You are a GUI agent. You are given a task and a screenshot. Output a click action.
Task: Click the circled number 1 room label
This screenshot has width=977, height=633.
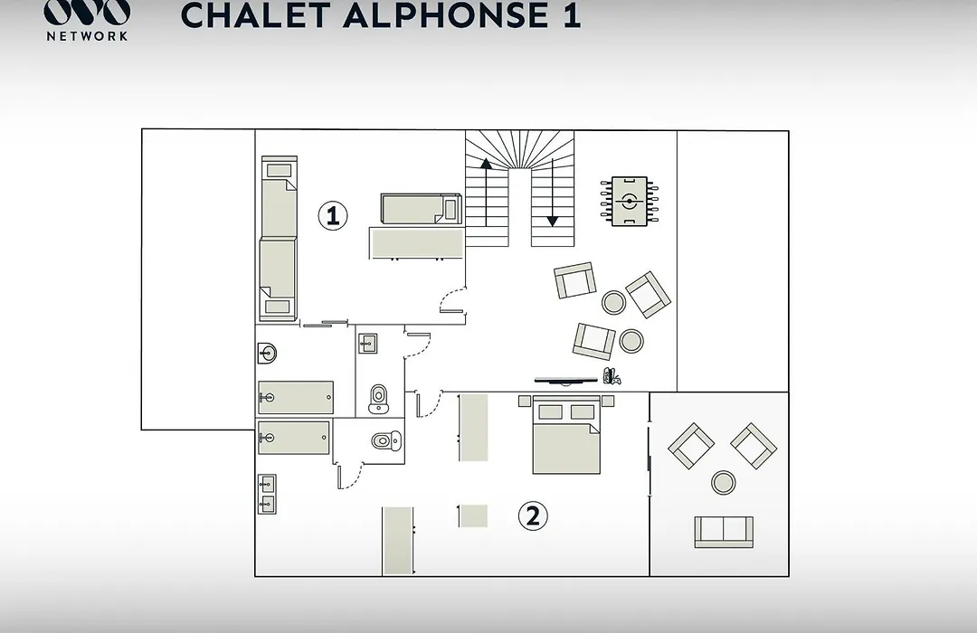[x=333, y=215]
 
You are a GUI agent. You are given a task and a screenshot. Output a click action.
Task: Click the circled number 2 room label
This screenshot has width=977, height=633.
[x=533, y=515]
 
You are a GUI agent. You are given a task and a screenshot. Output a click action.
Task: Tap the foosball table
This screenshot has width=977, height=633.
[x=630, y=202]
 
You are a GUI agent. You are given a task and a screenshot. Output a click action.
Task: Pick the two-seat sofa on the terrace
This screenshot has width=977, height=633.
[x=724, y=532]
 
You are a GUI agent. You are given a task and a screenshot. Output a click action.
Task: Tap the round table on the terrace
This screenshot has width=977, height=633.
[x=723, y=482]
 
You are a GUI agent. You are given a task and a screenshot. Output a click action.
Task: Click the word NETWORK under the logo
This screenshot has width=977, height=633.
[x=87, y=36]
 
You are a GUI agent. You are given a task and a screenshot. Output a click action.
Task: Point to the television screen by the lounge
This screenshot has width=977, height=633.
[x=565, y=380]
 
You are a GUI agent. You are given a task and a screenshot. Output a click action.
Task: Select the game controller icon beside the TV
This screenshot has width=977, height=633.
[x=612, y=376]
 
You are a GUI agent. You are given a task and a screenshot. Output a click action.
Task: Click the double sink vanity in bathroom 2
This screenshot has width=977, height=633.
[x=267, y=494]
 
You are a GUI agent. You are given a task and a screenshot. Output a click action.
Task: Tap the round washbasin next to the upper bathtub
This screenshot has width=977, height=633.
[x=267, y=354]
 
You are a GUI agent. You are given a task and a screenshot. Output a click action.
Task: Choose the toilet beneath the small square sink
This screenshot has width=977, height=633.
[x=378, y=399]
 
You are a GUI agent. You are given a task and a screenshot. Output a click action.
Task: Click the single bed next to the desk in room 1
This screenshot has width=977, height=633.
[x=422, y=209]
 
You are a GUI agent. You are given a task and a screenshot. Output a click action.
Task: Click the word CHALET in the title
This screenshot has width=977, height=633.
[x=255, y=15]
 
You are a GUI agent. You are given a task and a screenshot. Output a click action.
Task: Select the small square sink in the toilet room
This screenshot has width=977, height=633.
[x=367, y=344]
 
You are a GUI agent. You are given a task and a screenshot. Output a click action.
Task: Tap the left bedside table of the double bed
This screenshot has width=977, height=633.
[x=525, y=401]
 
